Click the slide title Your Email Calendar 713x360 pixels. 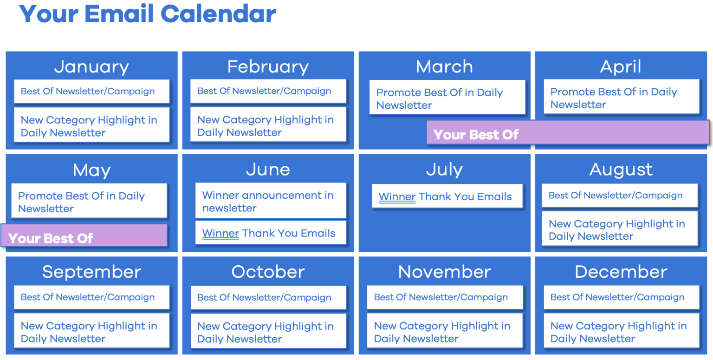coord(148,14)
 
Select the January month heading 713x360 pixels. coord(91,67)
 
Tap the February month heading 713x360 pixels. coord(268,67)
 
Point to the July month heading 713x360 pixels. coord(444,170)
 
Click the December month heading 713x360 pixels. coord(621,272)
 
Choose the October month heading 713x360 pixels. coord(268,272)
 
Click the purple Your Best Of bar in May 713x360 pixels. coord(84,236)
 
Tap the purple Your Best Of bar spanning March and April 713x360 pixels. coord(568,133)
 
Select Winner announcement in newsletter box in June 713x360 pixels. coord(271,201)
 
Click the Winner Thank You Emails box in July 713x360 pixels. coord(447,196)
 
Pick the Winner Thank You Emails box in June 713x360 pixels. coord(271,233)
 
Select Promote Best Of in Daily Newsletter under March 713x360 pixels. coord(447,98)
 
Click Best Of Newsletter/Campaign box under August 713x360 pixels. coord(619,196)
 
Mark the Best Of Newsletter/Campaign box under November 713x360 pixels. coord(444,297)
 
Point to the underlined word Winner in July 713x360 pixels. coord(397,197)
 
